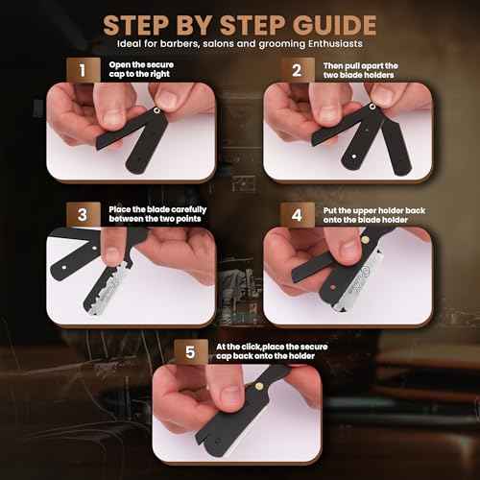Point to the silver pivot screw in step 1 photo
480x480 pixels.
pyautogui.click(x=156, y=111)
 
